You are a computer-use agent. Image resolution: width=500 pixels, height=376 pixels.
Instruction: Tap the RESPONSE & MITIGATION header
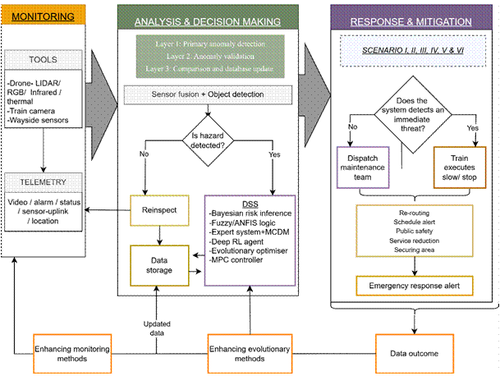click(409, 20)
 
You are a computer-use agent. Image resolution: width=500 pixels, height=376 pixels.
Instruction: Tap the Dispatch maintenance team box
click(365, 161)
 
